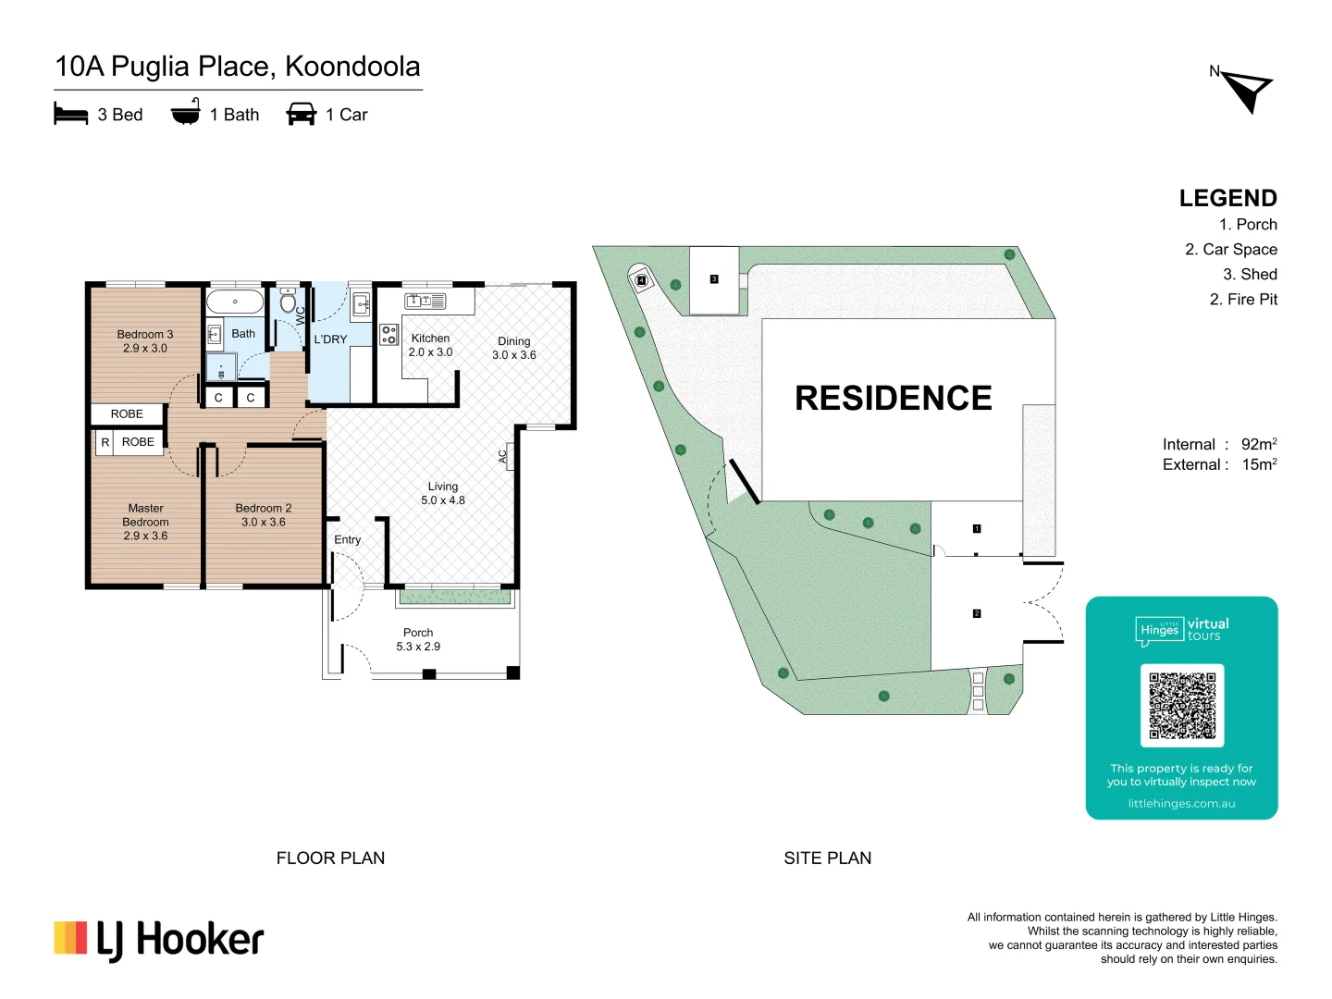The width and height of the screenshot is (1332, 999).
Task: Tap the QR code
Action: [1181, 705]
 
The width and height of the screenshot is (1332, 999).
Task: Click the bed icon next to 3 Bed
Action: [70, 114]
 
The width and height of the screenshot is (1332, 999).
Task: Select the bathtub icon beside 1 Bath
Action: [185, 112]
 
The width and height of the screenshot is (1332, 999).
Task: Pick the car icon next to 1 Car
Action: [302, 114]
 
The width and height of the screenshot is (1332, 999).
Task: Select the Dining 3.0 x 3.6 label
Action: [513, 348]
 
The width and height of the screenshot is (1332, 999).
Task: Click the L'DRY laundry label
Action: [330, 339]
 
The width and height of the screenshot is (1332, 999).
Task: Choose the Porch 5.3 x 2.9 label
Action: [418, 639]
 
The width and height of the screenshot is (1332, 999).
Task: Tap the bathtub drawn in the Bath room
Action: [235, 302]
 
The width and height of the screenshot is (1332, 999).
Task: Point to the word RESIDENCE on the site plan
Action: [893, 399]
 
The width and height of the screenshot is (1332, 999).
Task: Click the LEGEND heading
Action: [1227, 198]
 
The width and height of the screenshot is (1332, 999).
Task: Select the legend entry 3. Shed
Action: [1250, 275]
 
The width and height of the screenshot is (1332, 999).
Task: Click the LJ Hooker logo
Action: [159, 940]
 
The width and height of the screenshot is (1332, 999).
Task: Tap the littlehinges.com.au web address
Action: [1181, 804]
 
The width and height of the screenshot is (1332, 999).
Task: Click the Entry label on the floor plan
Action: [348, 540]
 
